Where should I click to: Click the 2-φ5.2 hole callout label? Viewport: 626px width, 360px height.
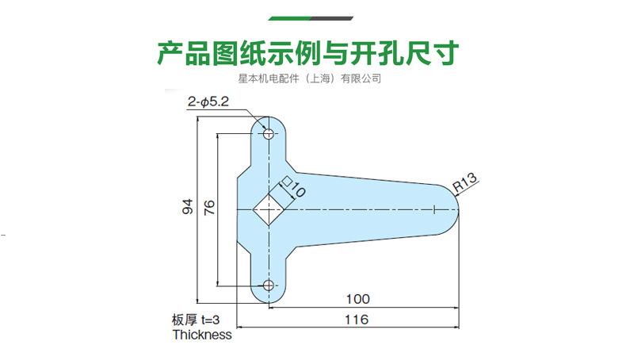tap(208, 102)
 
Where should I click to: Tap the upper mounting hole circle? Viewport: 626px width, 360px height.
tap(269, 133)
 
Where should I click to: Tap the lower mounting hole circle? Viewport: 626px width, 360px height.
tap(269, 285)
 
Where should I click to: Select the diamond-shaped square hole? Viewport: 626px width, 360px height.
tap(269, 209)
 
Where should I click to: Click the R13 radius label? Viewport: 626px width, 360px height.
tap(465, 183)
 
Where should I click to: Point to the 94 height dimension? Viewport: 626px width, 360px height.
tap(188, 208)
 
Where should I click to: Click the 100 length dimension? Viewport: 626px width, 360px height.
tap(358, 299)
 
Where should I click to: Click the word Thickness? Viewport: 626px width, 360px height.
tap(202, 335)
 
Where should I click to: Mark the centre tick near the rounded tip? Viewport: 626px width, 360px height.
tap(435, 209)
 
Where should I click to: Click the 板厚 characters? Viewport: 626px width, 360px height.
tap(185, 320)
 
